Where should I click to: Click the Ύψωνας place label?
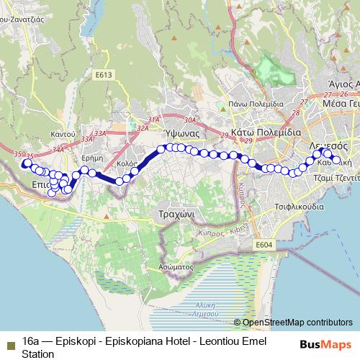click(176, 134)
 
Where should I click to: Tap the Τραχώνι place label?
click(173, 215)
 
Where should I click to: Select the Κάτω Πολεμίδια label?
click(269, 133)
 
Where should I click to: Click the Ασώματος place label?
click(172, 266)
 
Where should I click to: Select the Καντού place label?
click(63, 135)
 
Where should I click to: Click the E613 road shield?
click(103, 73)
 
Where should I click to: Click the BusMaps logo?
click(327, 345)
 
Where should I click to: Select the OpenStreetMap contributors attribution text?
click(297, 323)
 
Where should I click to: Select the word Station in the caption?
click(37, 354)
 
